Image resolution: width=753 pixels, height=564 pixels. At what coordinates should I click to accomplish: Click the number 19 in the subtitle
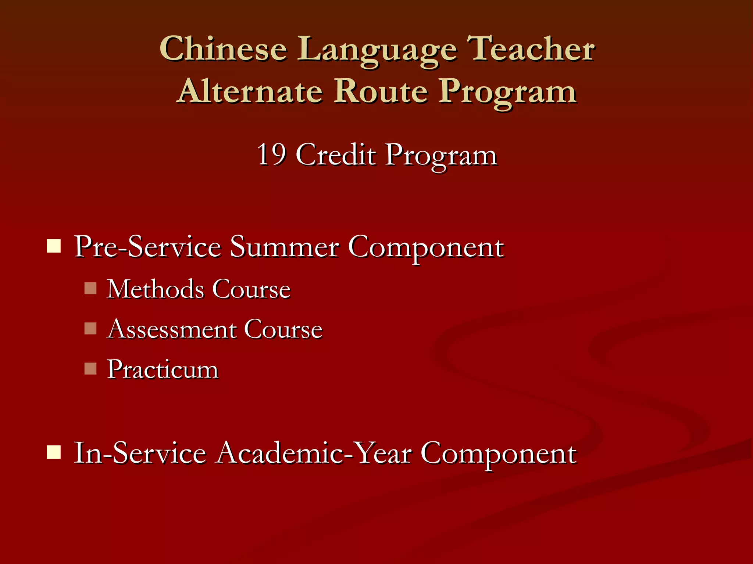(271, 155)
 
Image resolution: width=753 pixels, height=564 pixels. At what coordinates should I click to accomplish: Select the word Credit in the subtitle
(336, 155)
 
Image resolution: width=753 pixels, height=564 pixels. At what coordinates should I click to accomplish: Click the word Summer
(284, 247)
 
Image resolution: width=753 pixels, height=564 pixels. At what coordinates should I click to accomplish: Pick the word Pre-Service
(147, 247)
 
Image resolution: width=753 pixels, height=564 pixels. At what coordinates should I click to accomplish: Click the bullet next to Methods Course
(90, 288)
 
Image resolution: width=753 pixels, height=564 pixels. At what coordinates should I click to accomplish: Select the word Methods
(156, 289)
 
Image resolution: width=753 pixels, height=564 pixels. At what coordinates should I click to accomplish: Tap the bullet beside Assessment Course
(90, 328)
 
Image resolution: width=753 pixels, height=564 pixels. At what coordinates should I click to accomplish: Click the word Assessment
(172, 329)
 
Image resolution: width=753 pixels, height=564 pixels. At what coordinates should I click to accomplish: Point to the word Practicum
(163, 369)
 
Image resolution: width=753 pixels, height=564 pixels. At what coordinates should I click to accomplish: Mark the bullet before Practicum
(90, 368)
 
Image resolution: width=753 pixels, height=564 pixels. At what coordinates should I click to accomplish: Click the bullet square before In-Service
(54, 452)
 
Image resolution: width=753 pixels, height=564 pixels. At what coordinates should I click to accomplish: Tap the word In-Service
(140, 453)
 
